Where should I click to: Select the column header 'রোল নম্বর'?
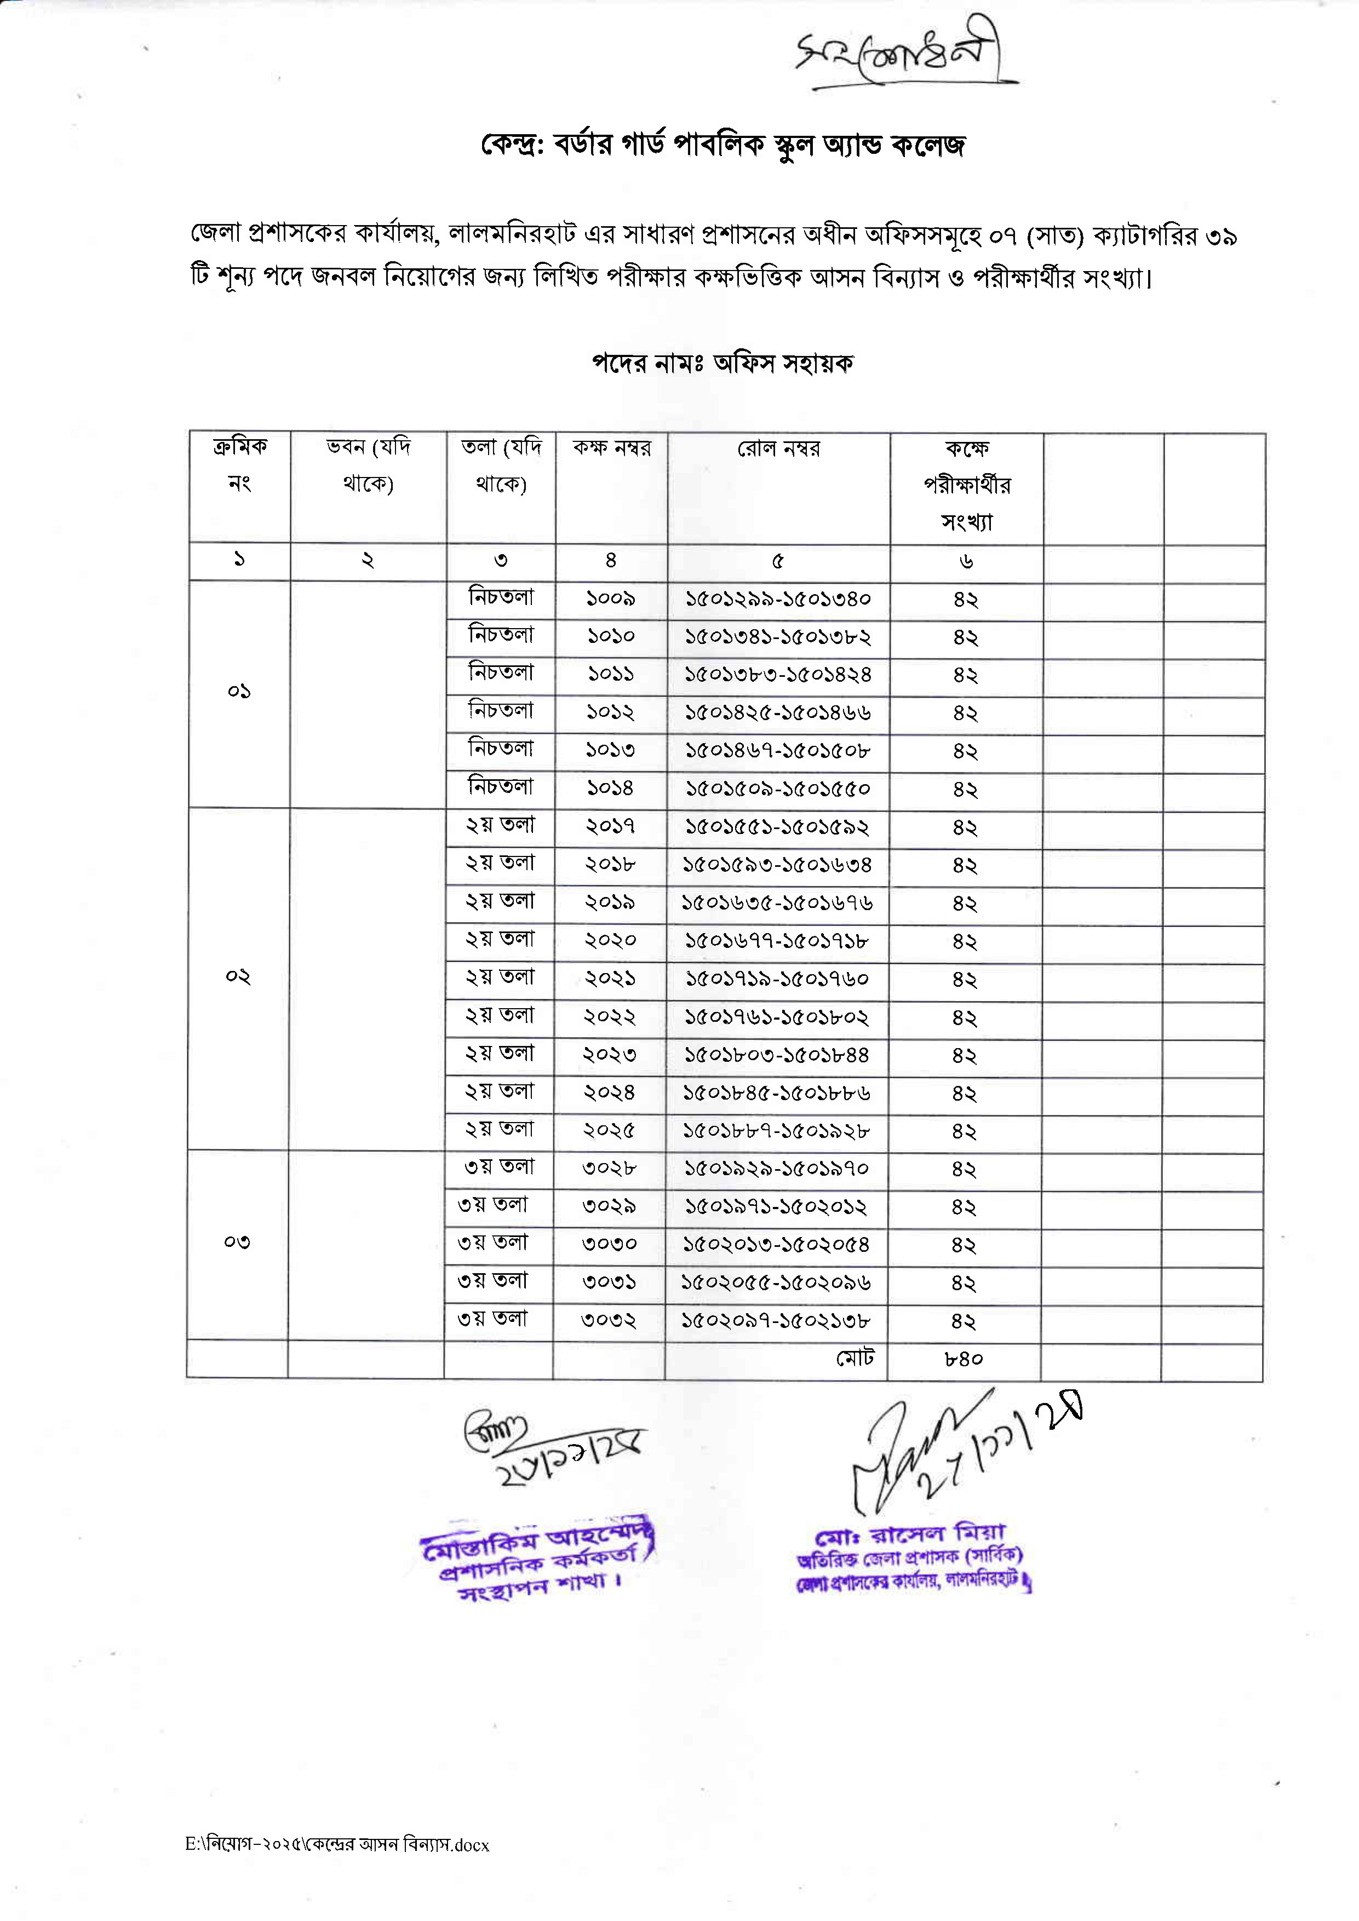[x=778, y=449]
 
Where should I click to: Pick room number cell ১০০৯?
[x=610, y=599]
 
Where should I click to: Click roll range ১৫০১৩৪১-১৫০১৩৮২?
[x=777, y=637]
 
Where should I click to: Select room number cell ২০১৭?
[x=610, y=827]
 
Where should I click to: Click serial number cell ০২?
[x=238, y=976]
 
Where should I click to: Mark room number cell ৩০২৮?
[x=609, y=1169]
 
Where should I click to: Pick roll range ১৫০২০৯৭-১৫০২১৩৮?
[x=776, y=1321]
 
